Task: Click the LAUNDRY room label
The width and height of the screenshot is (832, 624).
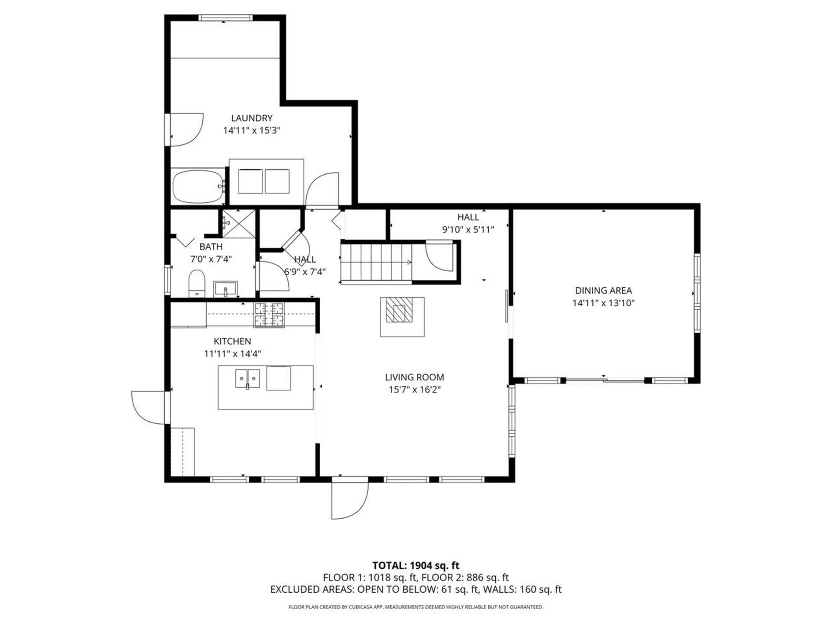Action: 251,118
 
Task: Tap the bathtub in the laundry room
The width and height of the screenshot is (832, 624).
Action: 198,186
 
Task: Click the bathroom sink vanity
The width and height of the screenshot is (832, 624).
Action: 225,289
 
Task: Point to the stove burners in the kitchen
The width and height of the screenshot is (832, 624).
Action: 269,315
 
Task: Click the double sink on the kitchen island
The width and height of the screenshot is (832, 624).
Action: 247,379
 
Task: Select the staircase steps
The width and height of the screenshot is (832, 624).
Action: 376,262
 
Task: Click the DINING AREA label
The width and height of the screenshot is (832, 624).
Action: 603,290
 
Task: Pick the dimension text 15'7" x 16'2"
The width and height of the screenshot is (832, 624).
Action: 414,389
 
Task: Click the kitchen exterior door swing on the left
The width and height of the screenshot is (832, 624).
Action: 147,407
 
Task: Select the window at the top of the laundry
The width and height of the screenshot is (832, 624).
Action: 225,18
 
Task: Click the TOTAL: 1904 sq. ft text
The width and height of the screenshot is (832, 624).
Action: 416,565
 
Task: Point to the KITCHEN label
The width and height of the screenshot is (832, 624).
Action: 232,341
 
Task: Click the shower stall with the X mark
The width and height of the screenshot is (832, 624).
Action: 239,223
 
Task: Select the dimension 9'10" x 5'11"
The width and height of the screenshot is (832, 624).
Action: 468,229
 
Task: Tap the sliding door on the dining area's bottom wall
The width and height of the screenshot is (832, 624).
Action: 605,380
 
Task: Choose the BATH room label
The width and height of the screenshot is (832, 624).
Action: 211,247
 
